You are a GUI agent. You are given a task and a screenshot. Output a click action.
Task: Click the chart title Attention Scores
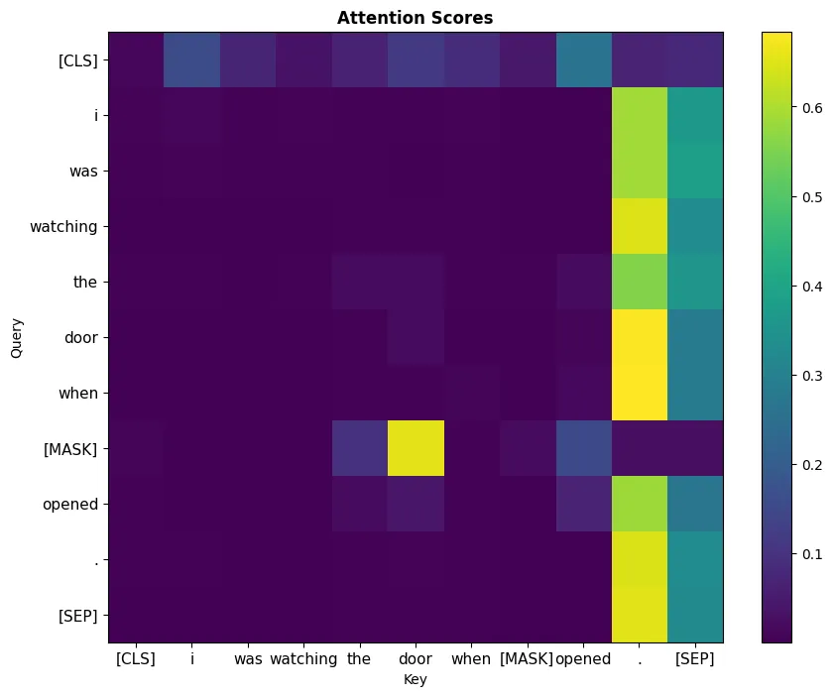(x=416, y=18)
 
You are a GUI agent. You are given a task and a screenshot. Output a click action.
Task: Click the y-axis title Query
(x=16, y=338)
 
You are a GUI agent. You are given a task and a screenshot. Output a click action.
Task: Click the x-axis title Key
(x=416, y=679)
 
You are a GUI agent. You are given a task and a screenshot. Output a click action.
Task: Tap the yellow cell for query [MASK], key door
(x=416, y=449)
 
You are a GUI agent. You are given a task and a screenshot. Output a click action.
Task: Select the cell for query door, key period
(x=639, y=338)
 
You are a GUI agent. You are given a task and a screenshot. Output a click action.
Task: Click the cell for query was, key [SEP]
(x=695, y=172)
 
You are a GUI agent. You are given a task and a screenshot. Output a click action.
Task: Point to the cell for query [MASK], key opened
(x=583, y=449)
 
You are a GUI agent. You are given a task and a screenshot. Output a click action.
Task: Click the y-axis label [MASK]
(x=71, y=449)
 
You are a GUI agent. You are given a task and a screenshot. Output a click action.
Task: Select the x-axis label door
(x=416, y=658)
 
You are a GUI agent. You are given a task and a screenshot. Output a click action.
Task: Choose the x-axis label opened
(x=583, y=658)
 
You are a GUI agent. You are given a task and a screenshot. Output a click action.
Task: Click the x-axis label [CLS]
(x=136, y=658)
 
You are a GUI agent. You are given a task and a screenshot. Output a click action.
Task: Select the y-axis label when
(x=79, y=394)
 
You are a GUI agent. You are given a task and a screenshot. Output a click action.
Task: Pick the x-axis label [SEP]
(x=695, y=658)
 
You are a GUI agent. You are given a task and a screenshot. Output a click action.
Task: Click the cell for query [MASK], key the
(x=360, y=449)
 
